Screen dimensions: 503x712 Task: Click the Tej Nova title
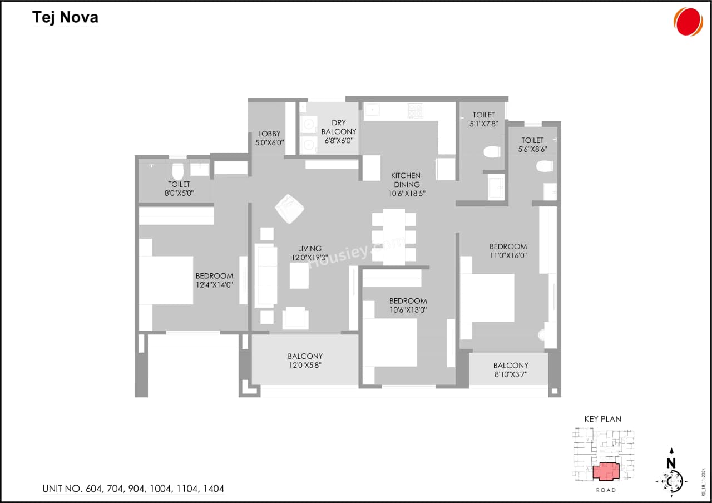65,17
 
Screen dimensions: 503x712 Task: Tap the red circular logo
689,22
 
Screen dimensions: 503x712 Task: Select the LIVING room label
309,249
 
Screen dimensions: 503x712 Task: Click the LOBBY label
269,134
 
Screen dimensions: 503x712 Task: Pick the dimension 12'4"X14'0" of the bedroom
214,285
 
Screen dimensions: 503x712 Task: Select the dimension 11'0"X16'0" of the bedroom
508,256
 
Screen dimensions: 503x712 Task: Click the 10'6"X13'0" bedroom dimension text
408,310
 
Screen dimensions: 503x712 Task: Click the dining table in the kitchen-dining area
394,236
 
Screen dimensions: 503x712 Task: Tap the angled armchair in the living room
289,209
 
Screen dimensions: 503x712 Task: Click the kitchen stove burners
415,111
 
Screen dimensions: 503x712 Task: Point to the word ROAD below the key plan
606,490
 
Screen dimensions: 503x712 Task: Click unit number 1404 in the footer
214,489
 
